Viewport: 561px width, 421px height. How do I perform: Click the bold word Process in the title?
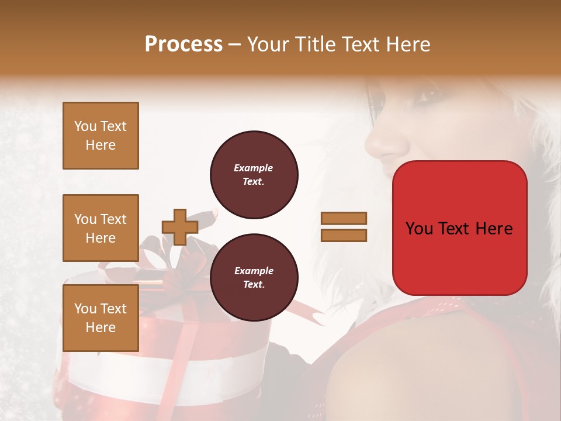tap(183, 44)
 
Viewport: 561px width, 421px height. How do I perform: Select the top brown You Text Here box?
tap(101, 136)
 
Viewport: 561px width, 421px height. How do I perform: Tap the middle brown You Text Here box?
tap(101, 228)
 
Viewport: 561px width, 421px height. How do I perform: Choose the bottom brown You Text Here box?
tap(101, 318)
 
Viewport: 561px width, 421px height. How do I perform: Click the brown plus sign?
tap(179, 227)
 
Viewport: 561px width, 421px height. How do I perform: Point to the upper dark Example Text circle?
tap(254, 175)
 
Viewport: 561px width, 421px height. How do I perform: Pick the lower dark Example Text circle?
tap(254, 278)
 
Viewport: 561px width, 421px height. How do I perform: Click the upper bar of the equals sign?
tap(344, 219)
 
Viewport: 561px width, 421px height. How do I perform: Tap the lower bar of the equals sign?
tap(344, 235)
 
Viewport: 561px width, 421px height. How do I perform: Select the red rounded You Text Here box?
tap(459, 228)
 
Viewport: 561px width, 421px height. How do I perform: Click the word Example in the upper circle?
tap(254, 168)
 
